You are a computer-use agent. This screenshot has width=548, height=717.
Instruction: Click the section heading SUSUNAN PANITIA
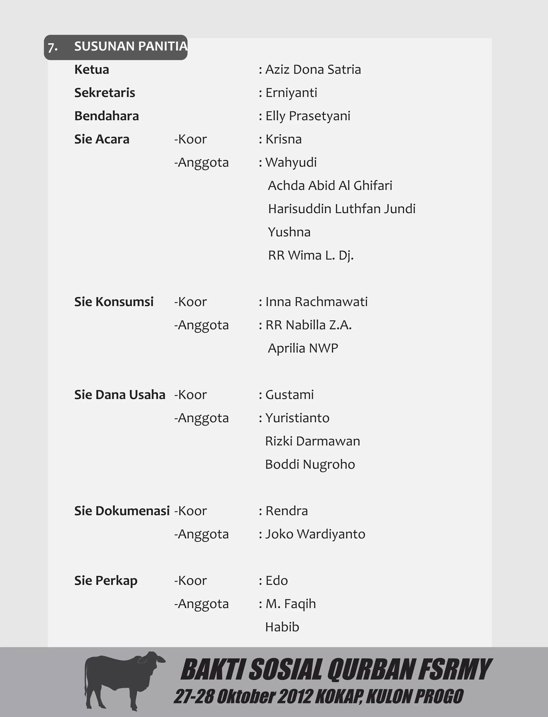[131, 47]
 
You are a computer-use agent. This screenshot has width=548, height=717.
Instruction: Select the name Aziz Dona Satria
[313, 70]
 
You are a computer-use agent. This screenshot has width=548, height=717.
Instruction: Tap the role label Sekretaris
[104, 93]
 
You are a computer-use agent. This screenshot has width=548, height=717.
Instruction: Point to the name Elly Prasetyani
[308, 116]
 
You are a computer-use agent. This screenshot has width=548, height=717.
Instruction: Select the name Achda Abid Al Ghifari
[330, 186]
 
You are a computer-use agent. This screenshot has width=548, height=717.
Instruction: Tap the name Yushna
[289, 232]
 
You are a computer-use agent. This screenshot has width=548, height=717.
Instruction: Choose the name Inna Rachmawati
[316, 302]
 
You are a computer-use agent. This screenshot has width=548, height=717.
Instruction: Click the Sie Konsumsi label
[114, 302]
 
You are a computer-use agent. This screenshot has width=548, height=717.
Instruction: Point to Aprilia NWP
[303, 348]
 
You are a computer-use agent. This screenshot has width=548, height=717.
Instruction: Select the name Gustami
[289, 395]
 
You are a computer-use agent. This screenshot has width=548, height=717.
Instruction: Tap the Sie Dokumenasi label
[122, 511]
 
